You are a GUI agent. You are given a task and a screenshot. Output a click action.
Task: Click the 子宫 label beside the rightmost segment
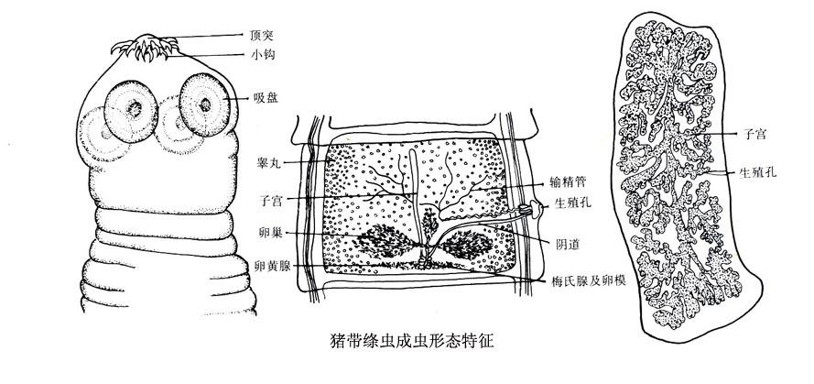click(754, 134)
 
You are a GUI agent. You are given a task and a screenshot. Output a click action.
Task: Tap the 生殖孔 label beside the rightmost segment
click(759, 172)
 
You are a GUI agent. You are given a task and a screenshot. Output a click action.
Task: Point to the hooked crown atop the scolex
click(155, 47)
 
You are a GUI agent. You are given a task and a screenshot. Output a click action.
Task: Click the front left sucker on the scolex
click(131, 108)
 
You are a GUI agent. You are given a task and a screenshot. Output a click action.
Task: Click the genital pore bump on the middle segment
click(536, 211)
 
